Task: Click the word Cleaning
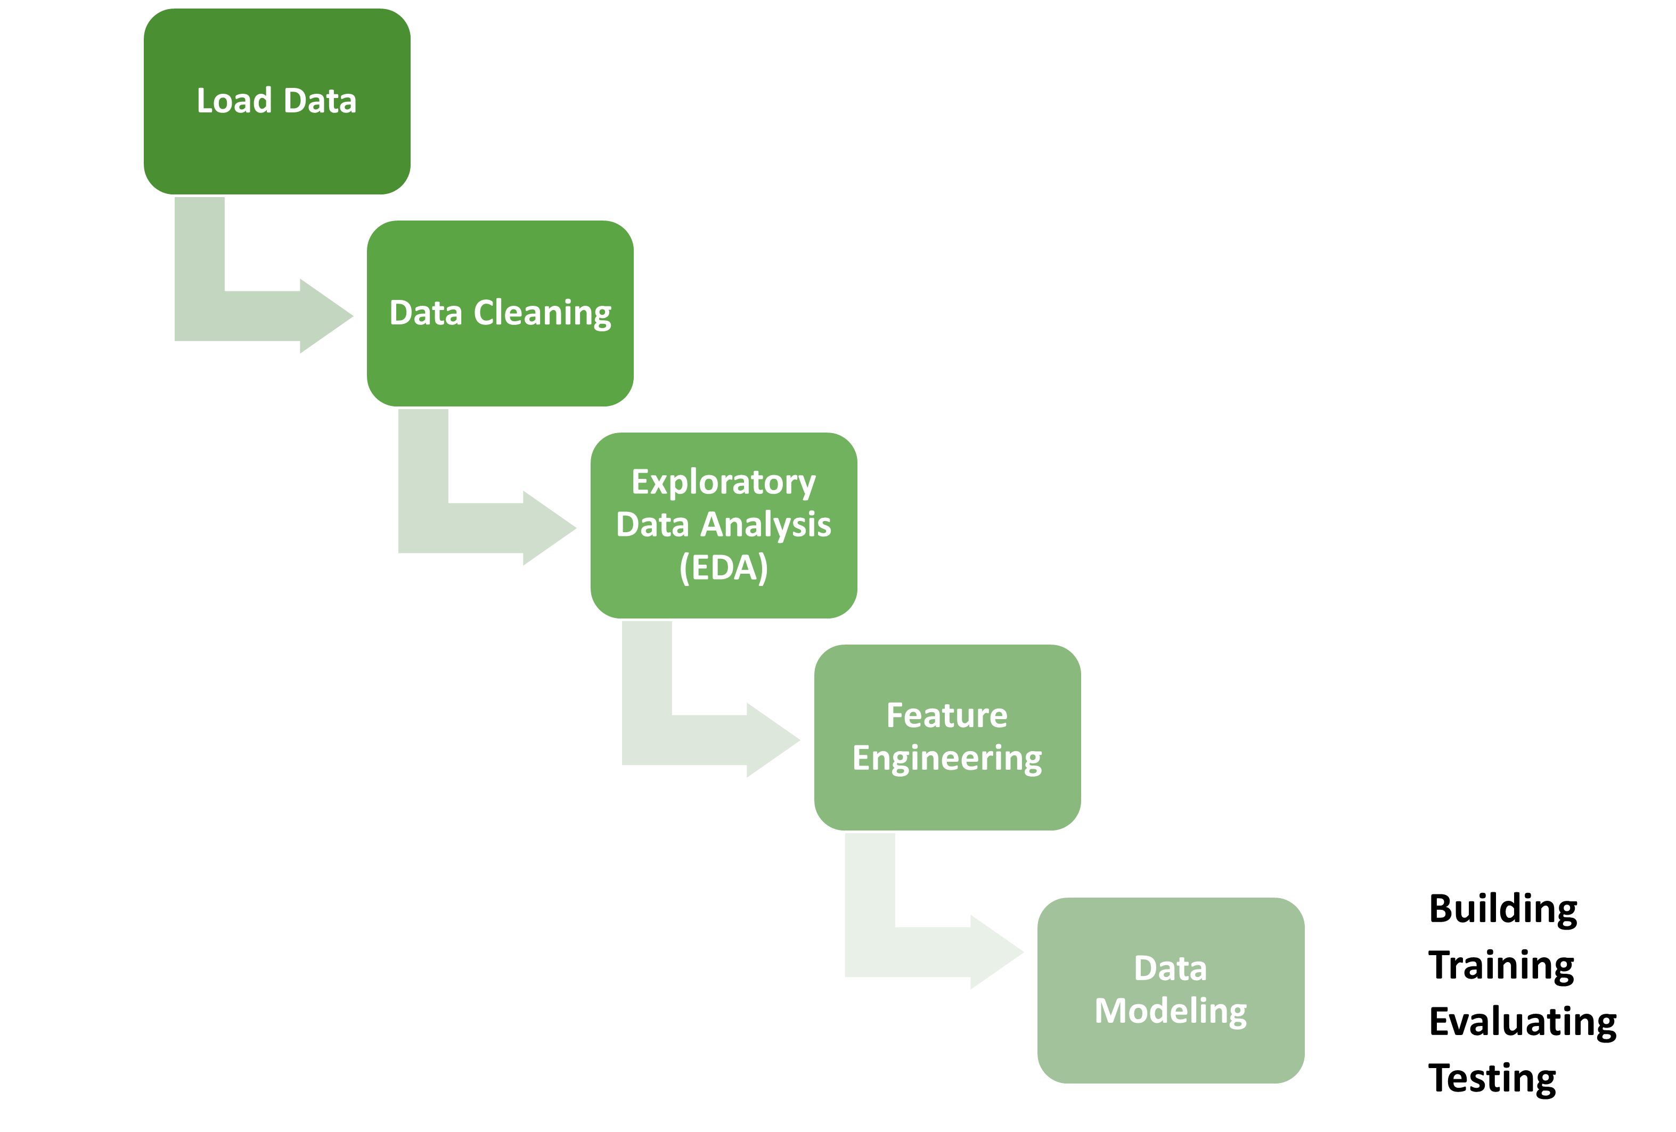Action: tap(542, 313)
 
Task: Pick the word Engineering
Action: tap(947, 758)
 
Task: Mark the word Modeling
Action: tap(1171, 1011)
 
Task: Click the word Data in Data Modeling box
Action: tap(1171, 968)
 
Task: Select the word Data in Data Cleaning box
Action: tap(426, 313)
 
